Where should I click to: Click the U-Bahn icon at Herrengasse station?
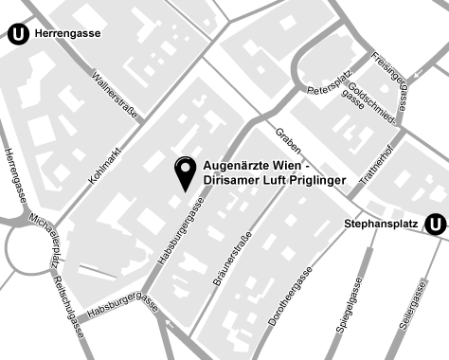coord(17,34)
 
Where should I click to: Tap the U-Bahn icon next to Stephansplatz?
coord(435,225)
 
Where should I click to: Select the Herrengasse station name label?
coord(69,34)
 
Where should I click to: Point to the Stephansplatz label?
coord(382,225)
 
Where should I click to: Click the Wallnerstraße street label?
coord(116,96)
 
